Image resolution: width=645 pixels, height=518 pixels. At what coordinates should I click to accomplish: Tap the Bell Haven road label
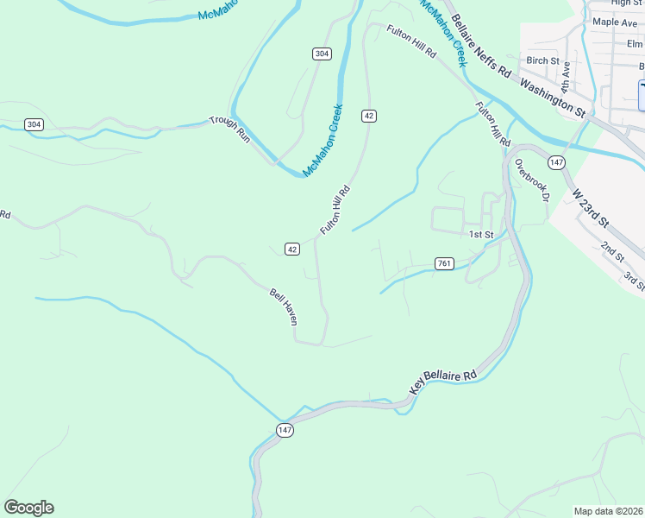tap(283, 306)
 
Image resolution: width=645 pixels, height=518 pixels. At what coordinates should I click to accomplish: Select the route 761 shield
tap(444, 263)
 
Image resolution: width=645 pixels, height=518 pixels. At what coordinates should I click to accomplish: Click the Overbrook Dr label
tap(532, 180)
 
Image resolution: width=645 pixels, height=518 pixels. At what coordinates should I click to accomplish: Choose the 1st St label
tap(480, 234)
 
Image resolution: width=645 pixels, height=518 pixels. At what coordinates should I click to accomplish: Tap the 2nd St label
tap(612, 251)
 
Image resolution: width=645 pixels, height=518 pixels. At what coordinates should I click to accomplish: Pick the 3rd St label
tap(634, 281)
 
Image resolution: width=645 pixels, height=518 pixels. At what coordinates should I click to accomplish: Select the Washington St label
tap(554, 95)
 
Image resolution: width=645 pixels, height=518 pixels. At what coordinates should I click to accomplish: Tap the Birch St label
tap(542, 60)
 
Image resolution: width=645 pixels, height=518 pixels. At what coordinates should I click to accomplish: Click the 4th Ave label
tap(566, 76)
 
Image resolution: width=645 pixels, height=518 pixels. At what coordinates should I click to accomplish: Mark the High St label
tap(627, 3)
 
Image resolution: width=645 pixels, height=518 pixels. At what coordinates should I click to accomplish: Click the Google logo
tap(28, 508)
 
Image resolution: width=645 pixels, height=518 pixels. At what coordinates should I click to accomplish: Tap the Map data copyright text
tap(609, 511)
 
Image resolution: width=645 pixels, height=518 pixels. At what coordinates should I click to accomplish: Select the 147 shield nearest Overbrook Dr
tap(556, 162)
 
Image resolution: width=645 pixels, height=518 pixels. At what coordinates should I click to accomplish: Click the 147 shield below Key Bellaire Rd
tap(285, 430)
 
